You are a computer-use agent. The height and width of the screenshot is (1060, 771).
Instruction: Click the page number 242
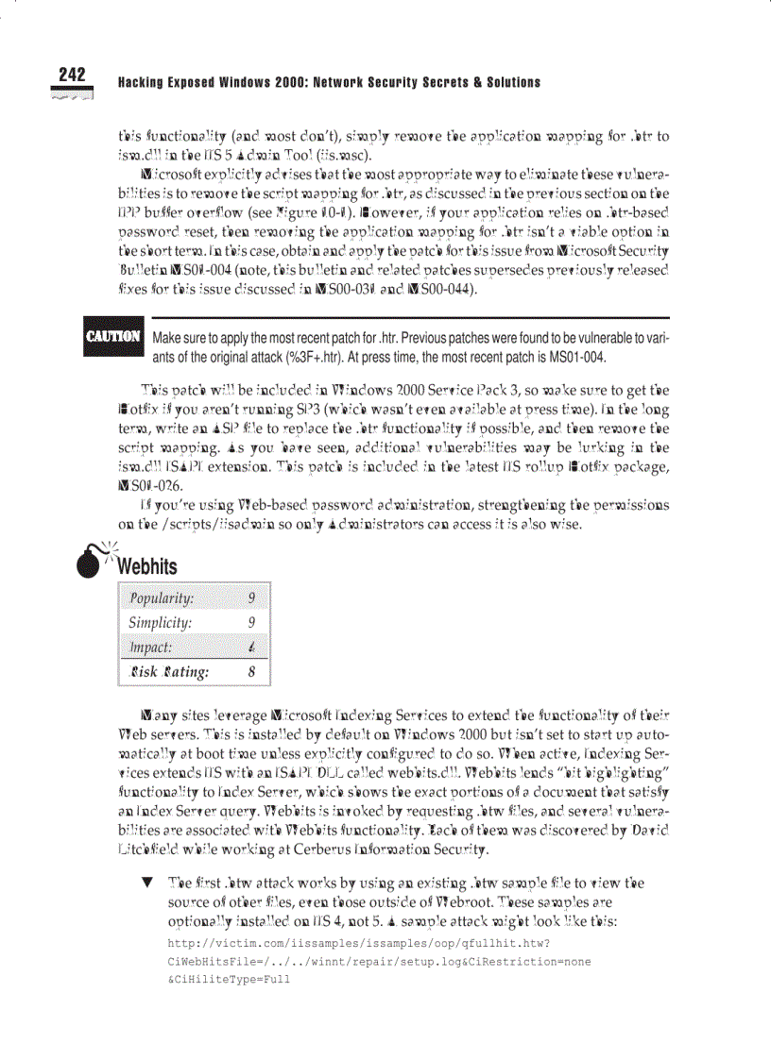[x=71, y=75]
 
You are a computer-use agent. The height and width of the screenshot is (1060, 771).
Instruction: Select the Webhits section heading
[x=146, y=566]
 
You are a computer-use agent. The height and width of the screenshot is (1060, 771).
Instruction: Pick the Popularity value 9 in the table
[x=250, y=598]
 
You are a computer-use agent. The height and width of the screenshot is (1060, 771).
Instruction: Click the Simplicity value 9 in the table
[x=250, y=623]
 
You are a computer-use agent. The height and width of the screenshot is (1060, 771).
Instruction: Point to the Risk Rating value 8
[x=250, y=672]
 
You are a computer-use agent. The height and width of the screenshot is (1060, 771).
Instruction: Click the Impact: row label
[x=150, y=648]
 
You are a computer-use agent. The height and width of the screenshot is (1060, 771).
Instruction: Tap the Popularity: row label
[x=162, y=598]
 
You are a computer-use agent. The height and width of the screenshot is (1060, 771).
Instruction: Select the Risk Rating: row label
[x=169, y=672]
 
